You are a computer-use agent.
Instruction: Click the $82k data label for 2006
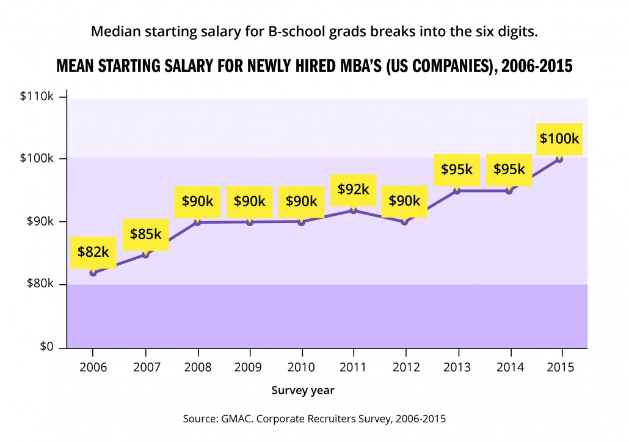pos(93,251)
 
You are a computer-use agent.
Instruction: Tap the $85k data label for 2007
pos(145,234)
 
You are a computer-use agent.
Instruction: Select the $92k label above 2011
pos(353,190)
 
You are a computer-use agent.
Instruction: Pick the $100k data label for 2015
pos(559,138)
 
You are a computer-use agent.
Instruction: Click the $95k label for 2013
pos(457,169)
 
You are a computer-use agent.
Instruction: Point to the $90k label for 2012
pos(404,201)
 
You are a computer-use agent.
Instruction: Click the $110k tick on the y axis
pos(38,98)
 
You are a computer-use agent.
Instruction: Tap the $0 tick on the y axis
pos(46,347)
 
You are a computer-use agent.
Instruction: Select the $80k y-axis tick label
pos(41,284)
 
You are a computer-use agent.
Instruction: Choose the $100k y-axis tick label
pos(38,158)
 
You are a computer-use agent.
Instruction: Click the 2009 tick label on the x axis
pos(250,367)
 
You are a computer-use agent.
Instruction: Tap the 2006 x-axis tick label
pos(93,367)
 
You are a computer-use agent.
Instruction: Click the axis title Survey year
pos(303,389)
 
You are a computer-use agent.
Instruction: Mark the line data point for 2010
pos(302,221)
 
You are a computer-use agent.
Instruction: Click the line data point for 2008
pos(198,221)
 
